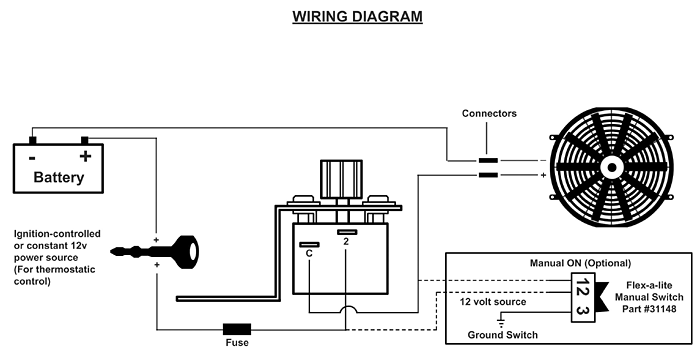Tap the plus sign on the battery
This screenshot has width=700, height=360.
tap(85, 156)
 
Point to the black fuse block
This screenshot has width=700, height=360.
tap(237, 328)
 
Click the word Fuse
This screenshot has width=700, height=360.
tap(236, 343)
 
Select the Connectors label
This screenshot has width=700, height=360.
tap(488, 114)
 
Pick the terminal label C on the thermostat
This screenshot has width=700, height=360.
tap(309, 254)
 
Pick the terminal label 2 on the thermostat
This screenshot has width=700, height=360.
tap(343, 241)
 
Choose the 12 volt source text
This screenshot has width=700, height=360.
tap(493, 300)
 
